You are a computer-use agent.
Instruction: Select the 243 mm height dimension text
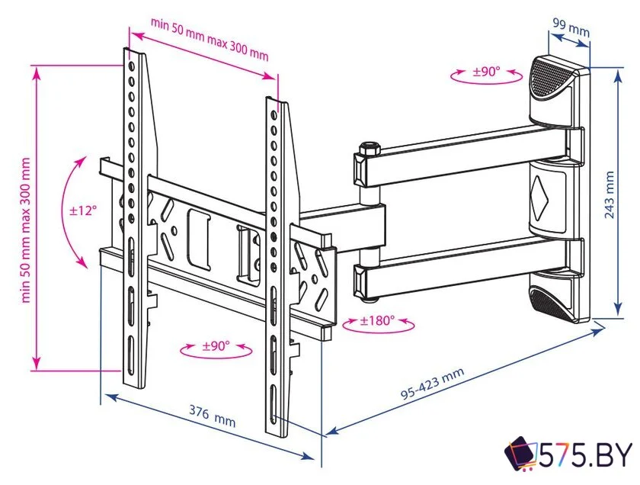[610, 194]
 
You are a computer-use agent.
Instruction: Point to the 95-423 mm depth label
[432, 384]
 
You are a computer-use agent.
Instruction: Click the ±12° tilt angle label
[84, 210]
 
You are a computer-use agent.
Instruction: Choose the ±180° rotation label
[379, 320]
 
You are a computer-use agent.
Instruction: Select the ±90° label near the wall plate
[486, 72]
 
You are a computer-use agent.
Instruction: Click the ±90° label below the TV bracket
[216, 345]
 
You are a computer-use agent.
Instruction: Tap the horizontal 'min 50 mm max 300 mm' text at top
[210, 39]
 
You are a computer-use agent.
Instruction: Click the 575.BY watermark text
[586, 455]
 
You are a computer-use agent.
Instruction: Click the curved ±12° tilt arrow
[73, 210]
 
